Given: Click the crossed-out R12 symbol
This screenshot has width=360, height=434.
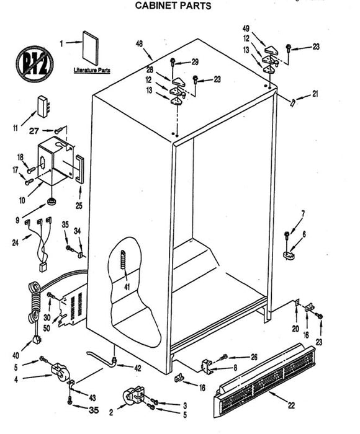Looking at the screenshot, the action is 34,64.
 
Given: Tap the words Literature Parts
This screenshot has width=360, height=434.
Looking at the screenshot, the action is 92,70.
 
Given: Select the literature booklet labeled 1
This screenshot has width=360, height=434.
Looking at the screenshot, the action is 91,48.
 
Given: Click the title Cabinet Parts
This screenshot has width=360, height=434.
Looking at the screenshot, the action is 173,6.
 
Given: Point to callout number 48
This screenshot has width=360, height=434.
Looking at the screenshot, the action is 140,44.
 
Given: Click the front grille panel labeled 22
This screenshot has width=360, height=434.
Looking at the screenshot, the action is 265,380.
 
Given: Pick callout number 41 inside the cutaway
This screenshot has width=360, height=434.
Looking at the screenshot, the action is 127,287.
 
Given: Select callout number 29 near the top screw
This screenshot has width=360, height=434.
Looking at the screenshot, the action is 195,62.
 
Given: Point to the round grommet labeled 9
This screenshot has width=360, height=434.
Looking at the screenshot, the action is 51,201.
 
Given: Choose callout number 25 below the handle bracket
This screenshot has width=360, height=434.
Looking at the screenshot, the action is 79,206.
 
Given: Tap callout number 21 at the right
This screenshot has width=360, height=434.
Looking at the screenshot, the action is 315,94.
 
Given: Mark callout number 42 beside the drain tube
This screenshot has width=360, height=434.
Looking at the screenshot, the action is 137,368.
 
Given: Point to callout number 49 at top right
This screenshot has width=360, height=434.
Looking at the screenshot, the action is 246,29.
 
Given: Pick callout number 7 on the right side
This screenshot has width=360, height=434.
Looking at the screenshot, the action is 303,213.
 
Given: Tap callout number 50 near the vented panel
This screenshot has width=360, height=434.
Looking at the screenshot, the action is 47,328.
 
